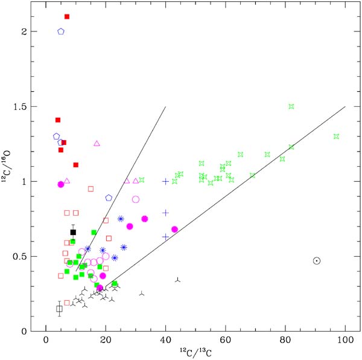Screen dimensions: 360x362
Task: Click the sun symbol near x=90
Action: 317,261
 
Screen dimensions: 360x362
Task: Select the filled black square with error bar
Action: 73,232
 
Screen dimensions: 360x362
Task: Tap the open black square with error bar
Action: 59,309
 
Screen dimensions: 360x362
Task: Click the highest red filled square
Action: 67,16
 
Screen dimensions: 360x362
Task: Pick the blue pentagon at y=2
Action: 61,31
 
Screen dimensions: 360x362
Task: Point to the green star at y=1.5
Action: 291,106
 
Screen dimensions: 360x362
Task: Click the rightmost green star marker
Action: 337,137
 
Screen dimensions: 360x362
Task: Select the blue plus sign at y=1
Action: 165,181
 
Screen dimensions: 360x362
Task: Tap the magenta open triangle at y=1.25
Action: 97,144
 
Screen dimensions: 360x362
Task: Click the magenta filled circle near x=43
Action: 174,229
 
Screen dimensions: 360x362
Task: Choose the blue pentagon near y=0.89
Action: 109,198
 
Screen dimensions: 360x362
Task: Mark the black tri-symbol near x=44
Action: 177,280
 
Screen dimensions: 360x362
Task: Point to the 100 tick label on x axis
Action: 345,340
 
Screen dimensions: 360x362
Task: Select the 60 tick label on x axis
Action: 225,340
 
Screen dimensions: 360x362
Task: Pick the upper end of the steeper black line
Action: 165,106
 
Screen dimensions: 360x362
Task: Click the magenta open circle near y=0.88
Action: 136,199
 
